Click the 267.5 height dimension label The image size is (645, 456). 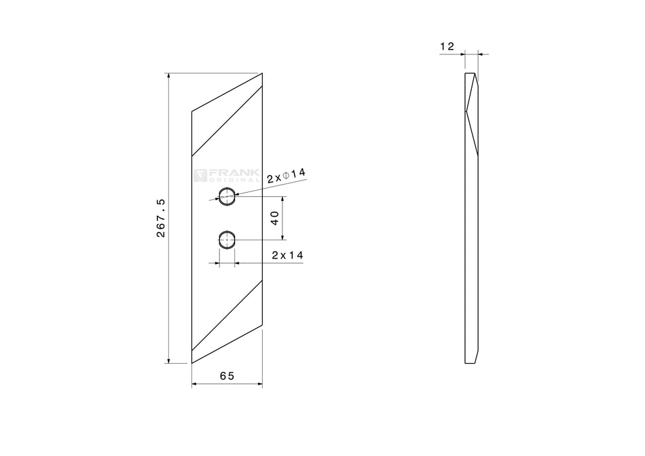162,218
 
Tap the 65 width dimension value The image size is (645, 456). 227,375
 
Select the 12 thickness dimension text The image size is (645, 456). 447,46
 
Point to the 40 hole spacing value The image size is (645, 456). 275,218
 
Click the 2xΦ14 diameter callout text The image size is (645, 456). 287,175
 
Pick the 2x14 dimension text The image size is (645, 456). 287,255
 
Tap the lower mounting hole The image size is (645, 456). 227,238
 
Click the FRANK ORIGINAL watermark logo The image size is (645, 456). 225,176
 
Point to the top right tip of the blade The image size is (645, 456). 261,73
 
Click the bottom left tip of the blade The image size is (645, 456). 192,363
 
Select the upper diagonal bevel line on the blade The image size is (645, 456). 227,119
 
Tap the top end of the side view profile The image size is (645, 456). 471,74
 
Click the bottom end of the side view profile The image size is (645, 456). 471,361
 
